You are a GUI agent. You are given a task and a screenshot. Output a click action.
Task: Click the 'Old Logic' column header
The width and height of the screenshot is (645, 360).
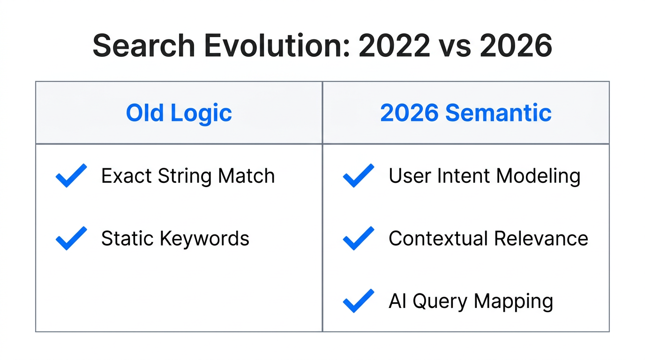(179, 113)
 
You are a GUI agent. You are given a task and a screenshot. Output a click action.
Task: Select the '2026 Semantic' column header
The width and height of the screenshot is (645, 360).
(465, 113)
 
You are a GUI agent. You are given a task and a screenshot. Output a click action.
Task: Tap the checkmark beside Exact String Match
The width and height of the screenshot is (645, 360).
(71, 176)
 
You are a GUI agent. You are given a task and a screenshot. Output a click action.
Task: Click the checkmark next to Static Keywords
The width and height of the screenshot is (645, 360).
(71, 238)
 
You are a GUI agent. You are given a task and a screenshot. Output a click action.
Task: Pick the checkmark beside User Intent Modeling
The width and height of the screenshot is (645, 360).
(359, 176)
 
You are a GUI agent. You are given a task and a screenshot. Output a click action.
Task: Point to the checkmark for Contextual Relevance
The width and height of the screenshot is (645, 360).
(359, 238)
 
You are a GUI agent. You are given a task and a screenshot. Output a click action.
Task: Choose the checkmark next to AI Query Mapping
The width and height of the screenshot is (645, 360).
(359, 301)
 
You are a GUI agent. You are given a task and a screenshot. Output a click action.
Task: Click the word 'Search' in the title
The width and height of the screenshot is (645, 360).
(143, 46)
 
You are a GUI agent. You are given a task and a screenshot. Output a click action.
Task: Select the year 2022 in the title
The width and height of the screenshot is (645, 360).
(394, 46)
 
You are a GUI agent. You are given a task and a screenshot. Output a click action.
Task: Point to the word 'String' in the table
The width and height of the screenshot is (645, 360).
(185, 176)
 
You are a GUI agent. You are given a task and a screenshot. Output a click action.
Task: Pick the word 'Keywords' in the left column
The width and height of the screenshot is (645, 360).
(204, 239)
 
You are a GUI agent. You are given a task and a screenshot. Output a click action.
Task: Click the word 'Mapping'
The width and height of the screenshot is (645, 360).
(513, 301)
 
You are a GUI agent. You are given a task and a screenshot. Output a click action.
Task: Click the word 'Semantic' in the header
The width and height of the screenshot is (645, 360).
(498, 113)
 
